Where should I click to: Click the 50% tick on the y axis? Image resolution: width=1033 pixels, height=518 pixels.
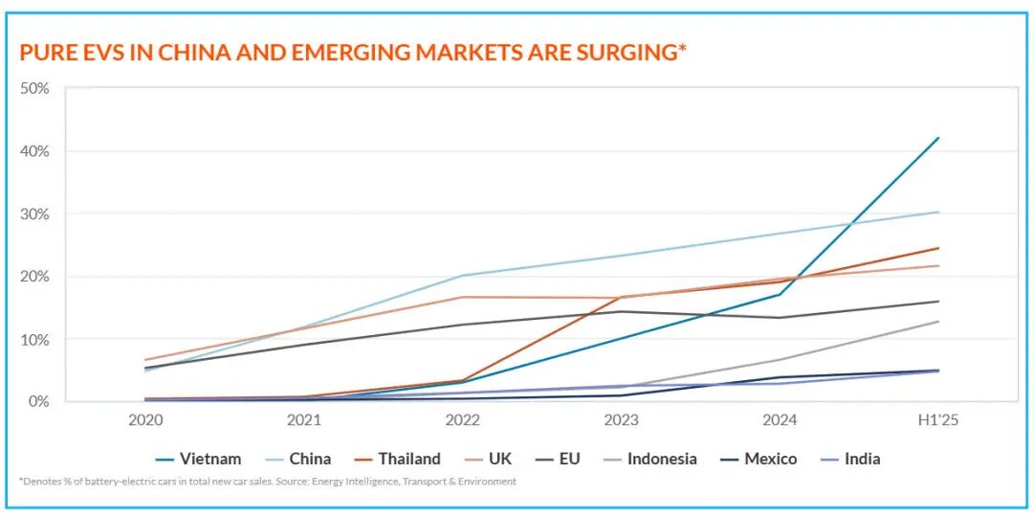point(35,89)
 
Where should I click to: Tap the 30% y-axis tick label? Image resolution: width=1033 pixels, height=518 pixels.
point(35,214)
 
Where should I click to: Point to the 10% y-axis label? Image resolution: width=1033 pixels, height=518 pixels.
point(35,339)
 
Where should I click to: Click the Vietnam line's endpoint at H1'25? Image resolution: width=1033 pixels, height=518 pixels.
point(938,138)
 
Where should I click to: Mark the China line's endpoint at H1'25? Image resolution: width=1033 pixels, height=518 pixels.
point(938,212)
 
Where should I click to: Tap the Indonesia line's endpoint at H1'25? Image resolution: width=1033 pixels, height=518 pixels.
point(938,322)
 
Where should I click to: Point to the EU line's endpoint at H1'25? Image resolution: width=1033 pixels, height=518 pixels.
point(938,302)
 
